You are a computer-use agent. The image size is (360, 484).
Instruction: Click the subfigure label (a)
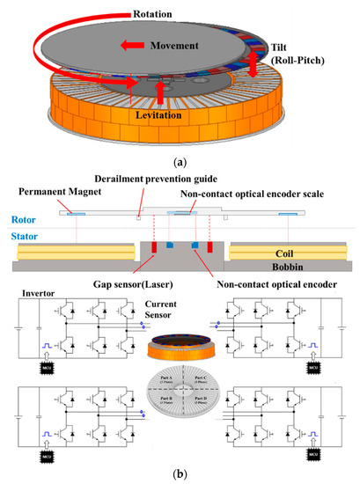[x=180, y=160]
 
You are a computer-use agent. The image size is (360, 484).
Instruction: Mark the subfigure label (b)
[x=180, y=474]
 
